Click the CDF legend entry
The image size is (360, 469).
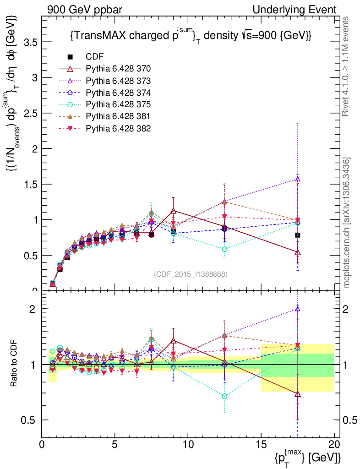tap(95, 57)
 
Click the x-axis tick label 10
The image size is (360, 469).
tap(188, 444)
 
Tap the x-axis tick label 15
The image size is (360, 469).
tap(261, 444)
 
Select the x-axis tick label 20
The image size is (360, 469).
tap(334, 444)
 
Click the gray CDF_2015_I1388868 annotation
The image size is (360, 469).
tap(191, 274)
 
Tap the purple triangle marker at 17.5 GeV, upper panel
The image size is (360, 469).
tap(298, 179)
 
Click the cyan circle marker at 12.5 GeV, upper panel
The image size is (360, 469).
tap(224, 249)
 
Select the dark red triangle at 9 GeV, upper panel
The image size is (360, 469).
tap(173, 211)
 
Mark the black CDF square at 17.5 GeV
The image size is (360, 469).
tap(298, 235)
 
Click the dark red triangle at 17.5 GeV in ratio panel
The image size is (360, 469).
tap(298, 394)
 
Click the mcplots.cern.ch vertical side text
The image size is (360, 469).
tap(347, 223)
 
